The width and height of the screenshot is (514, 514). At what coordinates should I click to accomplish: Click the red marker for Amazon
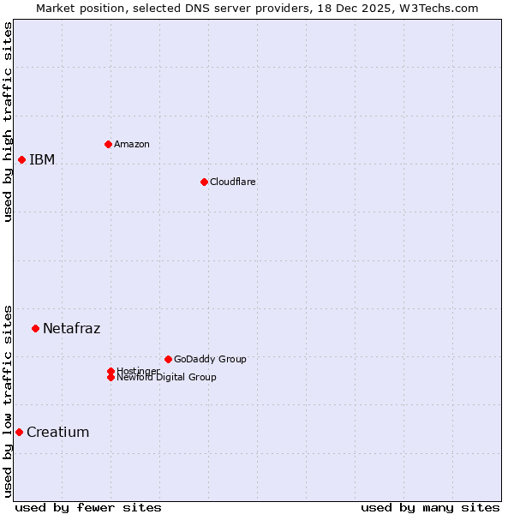coord(108,144)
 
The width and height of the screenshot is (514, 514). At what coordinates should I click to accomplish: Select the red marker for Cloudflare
coord(204,182)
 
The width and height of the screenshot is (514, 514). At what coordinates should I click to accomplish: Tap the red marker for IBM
coord(21,159)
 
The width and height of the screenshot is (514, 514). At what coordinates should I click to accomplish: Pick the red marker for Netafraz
coord(35,328)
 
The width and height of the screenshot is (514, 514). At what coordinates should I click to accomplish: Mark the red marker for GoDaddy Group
coord(168,359)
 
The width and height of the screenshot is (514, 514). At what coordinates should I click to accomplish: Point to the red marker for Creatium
coord(19,432)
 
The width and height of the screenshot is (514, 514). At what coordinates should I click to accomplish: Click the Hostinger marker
coord(111,371)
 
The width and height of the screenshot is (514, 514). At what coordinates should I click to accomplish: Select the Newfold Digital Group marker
coord(111,377)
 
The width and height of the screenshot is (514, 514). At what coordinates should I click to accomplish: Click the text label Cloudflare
coord(232,182)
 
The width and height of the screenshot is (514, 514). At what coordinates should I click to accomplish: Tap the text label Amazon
coord(131,144)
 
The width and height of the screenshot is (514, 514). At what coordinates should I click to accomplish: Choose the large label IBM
coord(42,159)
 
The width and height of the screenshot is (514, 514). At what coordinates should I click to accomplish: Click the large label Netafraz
coord(71,328)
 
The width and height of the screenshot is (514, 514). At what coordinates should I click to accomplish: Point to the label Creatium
coord(57,432)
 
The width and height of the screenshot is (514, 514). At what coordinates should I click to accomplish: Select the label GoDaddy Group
coord(210,359)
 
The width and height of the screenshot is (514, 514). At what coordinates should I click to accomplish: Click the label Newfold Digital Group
coord(166,378)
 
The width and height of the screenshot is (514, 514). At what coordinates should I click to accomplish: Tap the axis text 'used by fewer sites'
coord(88,507)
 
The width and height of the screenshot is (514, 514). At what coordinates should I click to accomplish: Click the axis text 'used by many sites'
coord(430,507)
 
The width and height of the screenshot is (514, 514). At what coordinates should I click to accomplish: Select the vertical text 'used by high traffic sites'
coord(8,122)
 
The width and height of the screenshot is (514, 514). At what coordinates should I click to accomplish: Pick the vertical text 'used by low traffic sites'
coord(8,400)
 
